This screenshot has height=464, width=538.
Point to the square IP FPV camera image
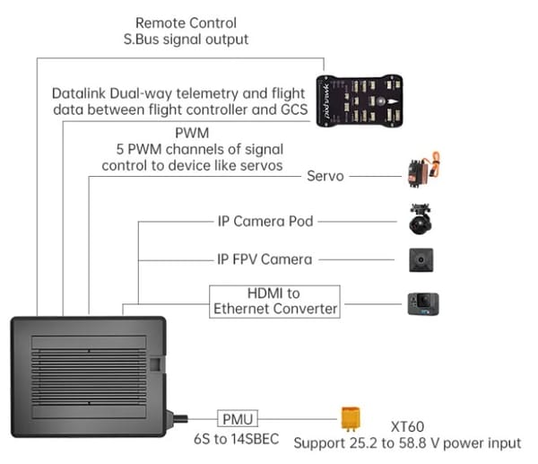coord(422,259)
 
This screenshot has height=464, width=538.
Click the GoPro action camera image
coord(423,302)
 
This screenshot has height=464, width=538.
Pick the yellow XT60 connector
coord(352,418)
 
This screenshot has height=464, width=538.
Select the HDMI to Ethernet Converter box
coord(274,302)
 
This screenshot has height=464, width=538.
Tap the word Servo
coord(325,176)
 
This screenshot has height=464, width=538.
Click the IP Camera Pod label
coord(265,221)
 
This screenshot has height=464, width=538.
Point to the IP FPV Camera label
coord(265,259)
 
